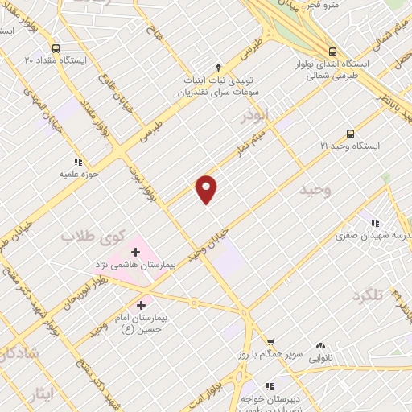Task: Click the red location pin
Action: click(207, 187)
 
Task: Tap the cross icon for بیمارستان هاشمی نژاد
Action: click(135, 253)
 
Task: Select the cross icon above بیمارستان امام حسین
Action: click(142, 305)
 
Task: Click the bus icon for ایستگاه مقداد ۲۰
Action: click(55, 48)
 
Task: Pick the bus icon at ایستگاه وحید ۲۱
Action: click(349, 134)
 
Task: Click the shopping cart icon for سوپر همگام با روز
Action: click(270, 340)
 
